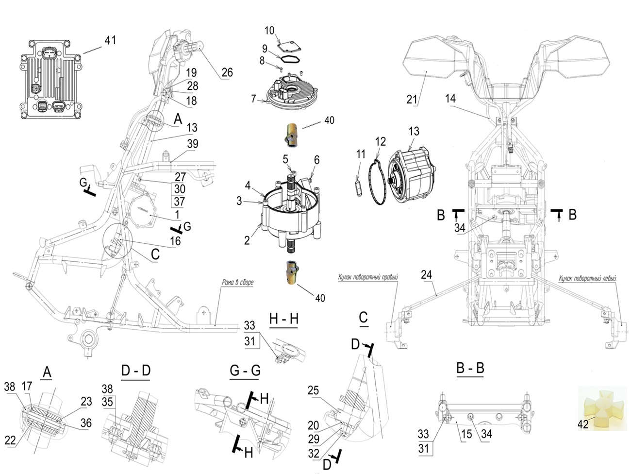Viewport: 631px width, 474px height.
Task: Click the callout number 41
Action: [x=110, y=40]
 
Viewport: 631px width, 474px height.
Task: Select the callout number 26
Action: [x=227, y=72]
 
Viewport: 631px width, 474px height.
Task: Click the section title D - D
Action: [x=136, y=371]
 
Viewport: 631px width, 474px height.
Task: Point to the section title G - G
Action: [x=245, y=371]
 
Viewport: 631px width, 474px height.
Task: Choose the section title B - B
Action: [x=470, y=368]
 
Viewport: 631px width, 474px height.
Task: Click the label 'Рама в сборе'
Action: [x=238, y=282]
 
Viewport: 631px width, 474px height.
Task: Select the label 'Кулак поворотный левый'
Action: [x=587, y=279]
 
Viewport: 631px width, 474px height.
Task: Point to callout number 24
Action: [x=426, y=275]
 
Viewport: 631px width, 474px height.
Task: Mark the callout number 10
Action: [x=269, y=31]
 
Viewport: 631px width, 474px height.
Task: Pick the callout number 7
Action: [x=253, y=99]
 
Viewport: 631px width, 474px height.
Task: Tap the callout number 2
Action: [x=247, y=239]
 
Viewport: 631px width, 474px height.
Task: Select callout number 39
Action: [x=192, y=144]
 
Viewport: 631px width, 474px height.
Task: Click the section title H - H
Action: [x=283, y=319]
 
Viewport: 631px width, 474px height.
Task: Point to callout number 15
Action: [x=466, y=434]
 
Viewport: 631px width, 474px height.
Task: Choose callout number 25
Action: [x=313, y=390]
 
